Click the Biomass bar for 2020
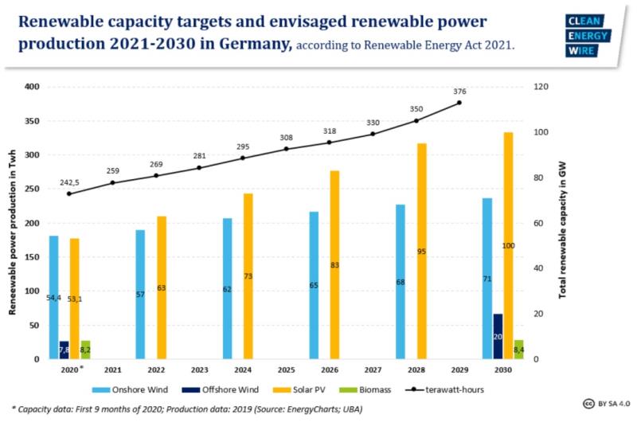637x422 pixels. click(85, 350)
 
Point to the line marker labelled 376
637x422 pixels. click(459, 103)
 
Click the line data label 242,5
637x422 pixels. click(69, 182)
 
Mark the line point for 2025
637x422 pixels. click(286, 149)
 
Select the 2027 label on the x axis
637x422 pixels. click(373, 370)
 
